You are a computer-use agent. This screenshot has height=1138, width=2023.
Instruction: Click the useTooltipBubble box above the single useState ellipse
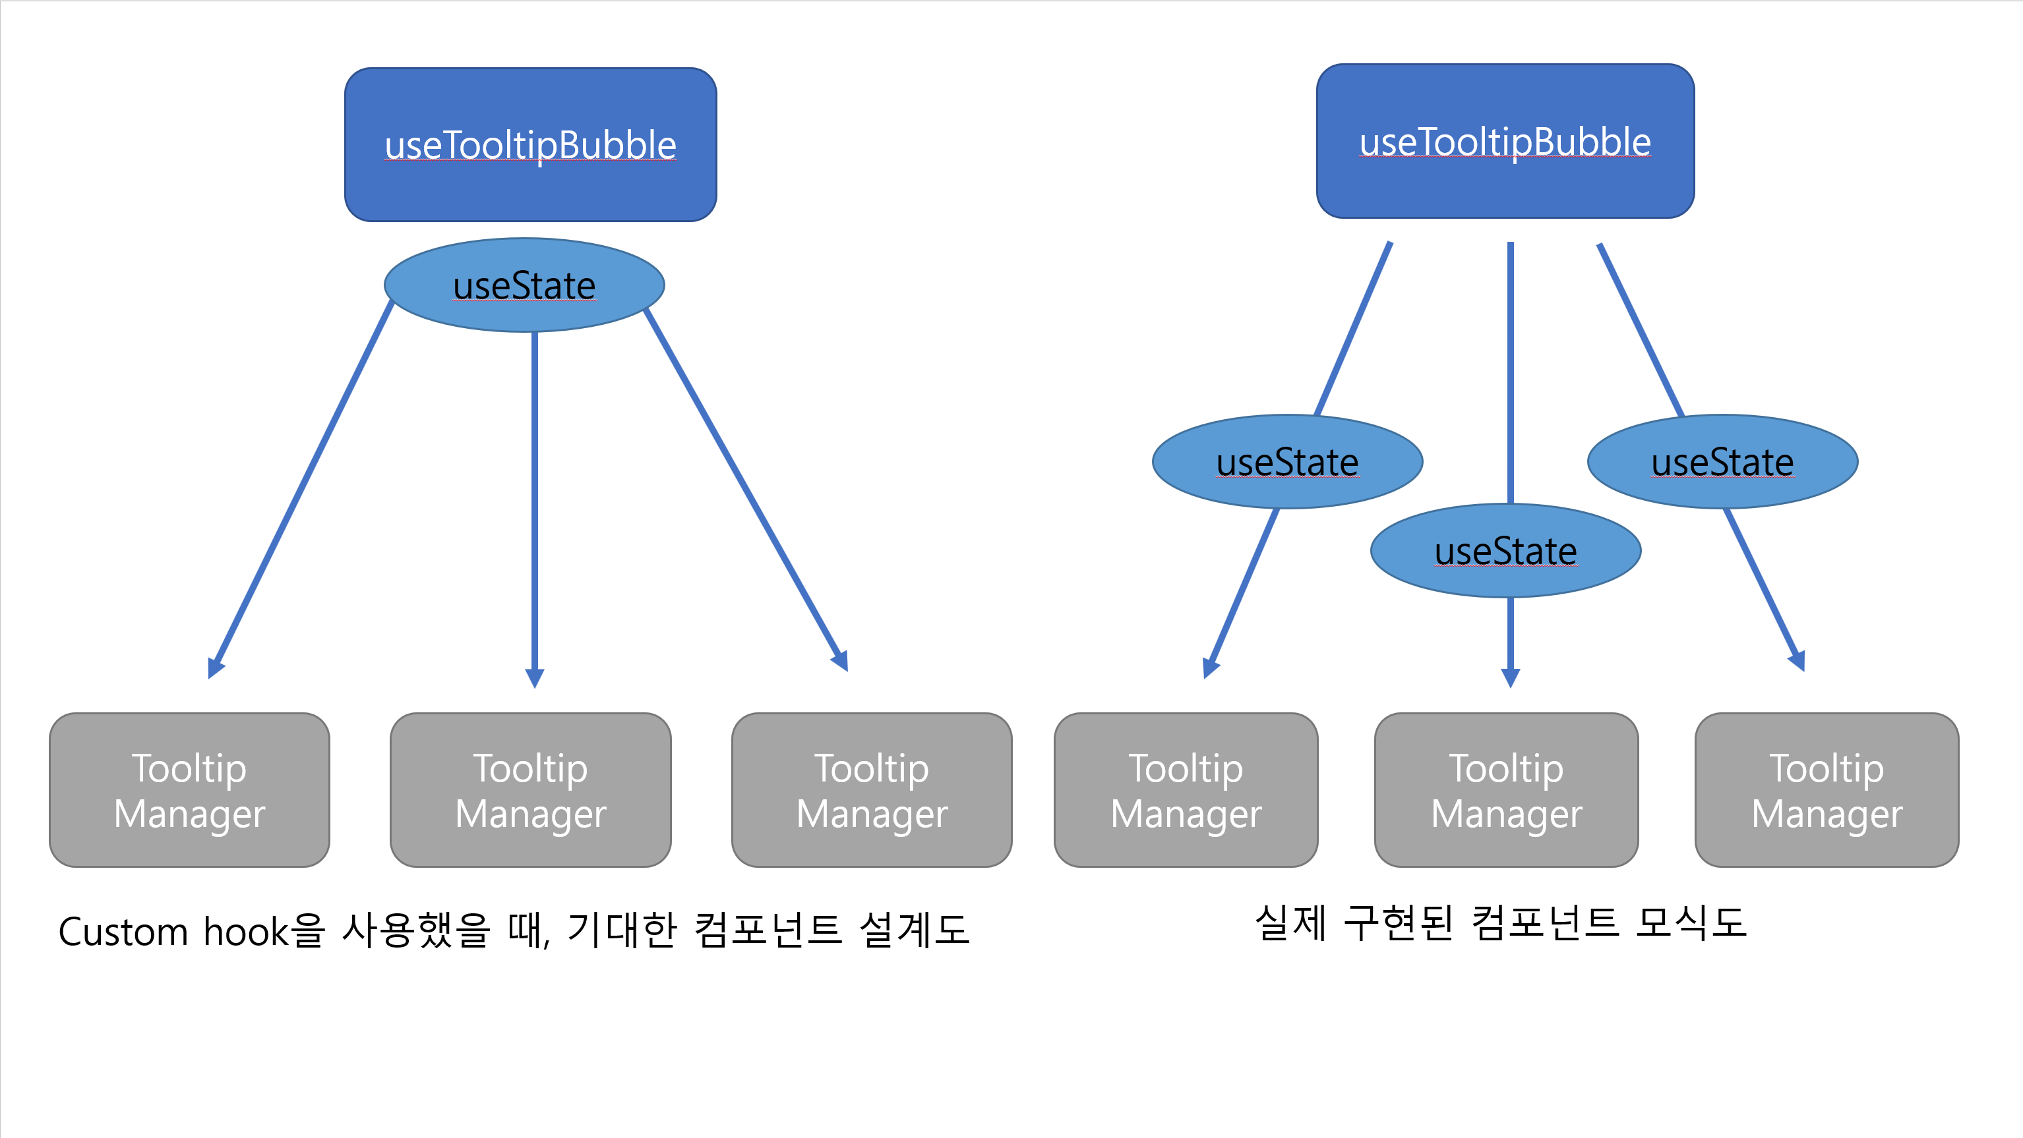click(x=530, y=144)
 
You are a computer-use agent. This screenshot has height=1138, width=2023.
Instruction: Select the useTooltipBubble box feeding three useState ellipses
click(x=1505, y=141)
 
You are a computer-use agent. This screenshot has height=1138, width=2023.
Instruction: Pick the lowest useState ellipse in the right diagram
click(x=1505, y=550)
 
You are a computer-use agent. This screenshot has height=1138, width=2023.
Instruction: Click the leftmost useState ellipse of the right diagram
click(x=1287, y=461)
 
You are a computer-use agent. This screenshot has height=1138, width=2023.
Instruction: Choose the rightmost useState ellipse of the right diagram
click(x=1722, y=461)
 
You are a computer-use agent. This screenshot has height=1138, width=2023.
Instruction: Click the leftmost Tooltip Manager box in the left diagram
click(x=189, y=789)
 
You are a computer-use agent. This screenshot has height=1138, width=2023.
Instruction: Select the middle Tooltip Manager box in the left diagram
click(x=531, y=789)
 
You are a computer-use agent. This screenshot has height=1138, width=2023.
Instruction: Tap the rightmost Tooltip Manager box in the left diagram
click(x=872, y=789)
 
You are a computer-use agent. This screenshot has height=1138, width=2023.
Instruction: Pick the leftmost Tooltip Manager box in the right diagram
click(x=1186, y=789)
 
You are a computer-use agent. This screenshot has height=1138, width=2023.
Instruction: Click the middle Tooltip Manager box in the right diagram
click(x=1506, y=789)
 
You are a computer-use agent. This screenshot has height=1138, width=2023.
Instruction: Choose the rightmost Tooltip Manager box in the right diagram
click(x=1827, y=789)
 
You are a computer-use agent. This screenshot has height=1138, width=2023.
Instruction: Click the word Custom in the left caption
click(x=123, y=932)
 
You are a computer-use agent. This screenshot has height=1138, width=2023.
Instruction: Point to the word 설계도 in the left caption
click(x=914, y=930)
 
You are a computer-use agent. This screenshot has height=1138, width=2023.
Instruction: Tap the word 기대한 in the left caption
click(x=622, y=930)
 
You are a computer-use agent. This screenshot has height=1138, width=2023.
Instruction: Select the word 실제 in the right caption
click(x=1290, y=922)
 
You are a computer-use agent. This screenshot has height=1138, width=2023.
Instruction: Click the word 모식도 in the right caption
click(x=1691, y=922)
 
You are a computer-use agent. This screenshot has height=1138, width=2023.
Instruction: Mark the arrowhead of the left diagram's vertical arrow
click(x=535, y=679)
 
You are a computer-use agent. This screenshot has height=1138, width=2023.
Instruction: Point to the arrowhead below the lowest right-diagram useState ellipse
click(x=1510, y=678)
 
